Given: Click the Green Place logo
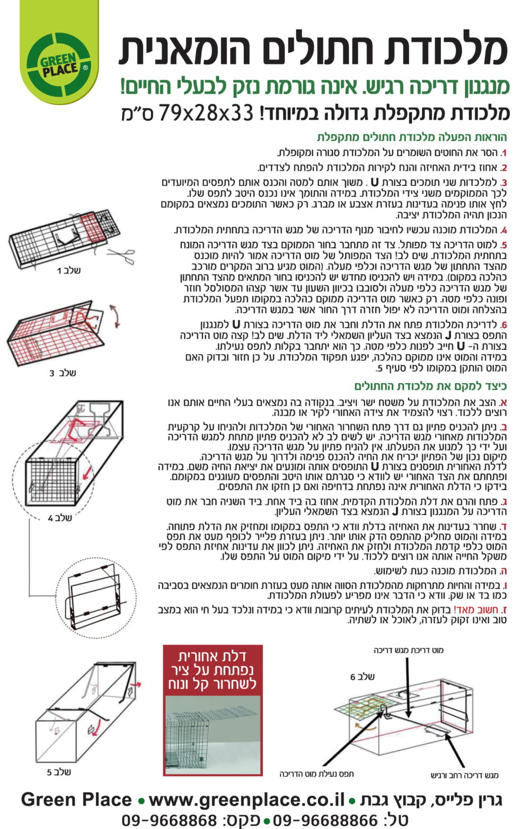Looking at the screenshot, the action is pyautogui.click(x=58, y=66).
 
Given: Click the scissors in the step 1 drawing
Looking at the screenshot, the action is pyautogui.click(x=121, y=256).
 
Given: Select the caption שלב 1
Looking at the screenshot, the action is pyautogui.click(x=68, y=271).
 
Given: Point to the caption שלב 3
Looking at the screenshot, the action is pyautogui.click(x=63, y=373).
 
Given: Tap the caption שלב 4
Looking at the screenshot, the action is pyautogui.click(x=60, y=518).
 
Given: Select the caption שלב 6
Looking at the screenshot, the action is pyautogui.click(x=362, y=677).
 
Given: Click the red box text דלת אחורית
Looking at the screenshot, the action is pyautogui.click(x=213, y=656).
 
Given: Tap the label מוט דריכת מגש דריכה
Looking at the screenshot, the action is pyautogui.click(x=408, y=650).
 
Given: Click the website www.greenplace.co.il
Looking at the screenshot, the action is pyautogui.click(x=246, y=800).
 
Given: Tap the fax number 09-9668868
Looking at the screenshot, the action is pyautogui.click(x=169, y=820).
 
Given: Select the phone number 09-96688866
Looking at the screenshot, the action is pyautogui.click(x=325, y=820).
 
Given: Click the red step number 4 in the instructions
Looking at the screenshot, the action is pyautogui.click(x=503, y=231).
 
